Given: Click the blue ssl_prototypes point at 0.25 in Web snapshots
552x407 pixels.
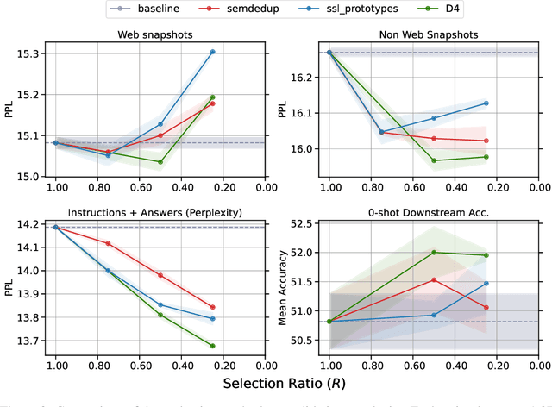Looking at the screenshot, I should pyautogui.click(x=212, y=52).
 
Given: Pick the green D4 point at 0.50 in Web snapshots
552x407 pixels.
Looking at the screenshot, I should pyautogui.click(x=160, y=161).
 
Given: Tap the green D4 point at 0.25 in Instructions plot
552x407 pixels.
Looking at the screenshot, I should pyautogui.click(x=212, y=346).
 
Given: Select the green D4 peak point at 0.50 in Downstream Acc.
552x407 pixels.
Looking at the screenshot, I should pyautogui.click(x=434, y=253).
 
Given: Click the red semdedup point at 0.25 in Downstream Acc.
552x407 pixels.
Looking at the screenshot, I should pyautogui.click(x=486, y=307).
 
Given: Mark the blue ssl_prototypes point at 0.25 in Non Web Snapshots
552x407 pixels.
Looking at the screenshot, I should pyautogui.click(x=486, y=103).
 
